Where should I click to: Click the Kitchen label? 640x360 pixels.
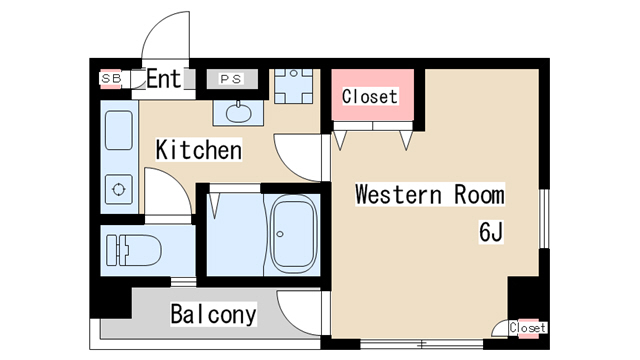point(199,150)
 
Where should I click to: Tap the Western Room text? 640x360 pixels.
point(430,194)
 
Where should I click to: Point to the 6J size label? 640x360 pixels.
point(491,232)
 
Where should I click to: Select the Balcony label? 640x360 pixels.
point(213,314)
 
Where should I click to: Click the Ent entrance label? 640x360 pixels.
point(163,78)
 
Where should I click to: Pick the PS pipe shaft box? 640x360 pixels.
point(232,79)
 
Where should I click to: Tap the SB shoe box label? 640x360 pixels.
point(111,78)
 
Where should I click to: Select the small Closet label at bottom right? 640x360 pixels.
point(527,328)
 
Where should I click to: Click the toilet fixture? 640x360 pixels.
point(134,250)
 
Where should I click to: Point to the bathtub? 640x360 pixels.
point(295,235)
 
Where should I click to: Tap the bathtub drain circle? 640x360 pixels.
point(280,234)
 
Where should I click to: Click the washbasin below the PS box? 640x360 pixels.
point(238,112)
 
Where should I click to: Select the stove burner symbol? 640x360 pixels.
point(119,189)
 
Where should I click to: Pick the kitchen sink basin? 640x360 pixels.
point(119,130)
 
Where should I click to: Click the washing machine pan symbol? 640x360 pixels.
point(293,86)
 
